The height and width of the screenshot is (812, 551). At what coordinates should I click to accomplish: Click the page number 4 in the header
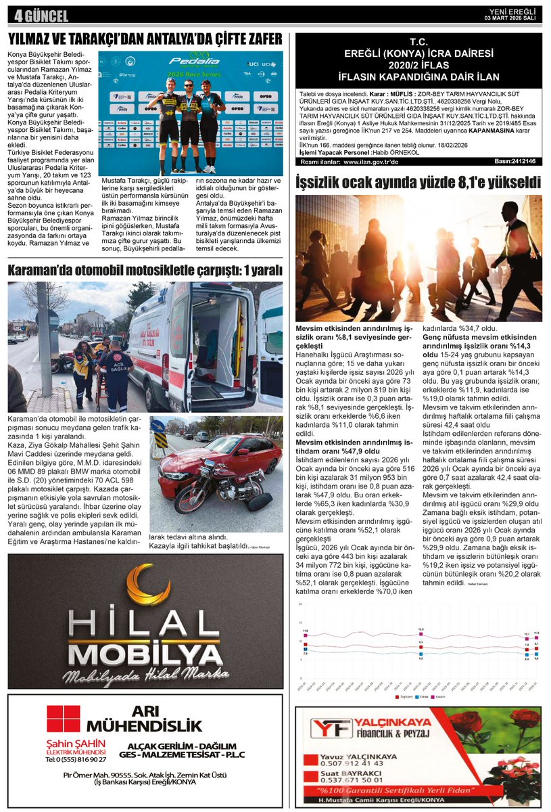[x=11, y=16]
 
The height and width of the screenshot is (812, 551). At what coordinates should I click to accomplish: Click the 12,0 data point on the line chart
[x=421, y=631]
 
